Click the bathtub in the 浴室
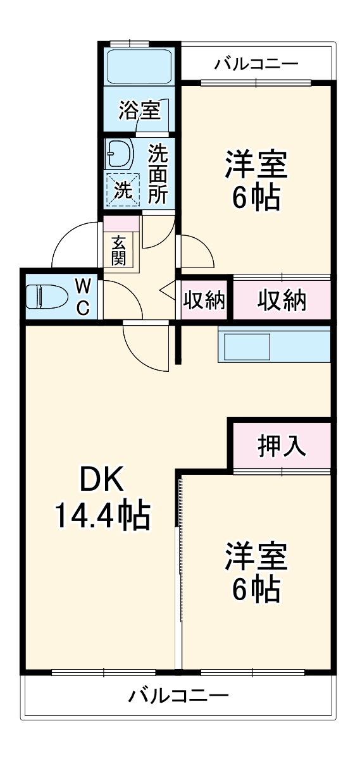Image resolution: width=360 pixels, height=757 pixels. (x=137, y=65)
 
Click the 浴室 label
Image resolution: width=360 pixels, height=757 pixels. (x=139, y=112)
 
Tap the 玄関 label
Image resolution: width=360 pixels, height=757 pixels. (x=118, y=250)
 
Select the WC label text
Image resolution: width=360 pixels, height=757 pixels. (x=84, y=296)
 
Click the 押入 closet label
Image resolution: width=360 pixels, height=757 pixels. (x=282, y=446)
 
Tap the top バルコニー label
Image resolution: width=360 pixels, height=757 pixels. (x=256, y=64)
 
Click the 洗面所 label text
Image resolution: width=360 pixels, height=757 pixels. (x=158, y=173)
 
